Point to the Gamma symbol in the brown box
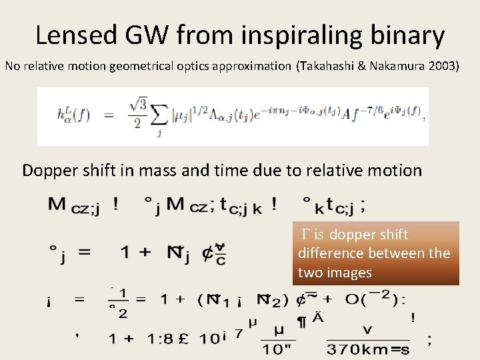point(306,235)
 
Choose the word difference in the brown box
point(329,253)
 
